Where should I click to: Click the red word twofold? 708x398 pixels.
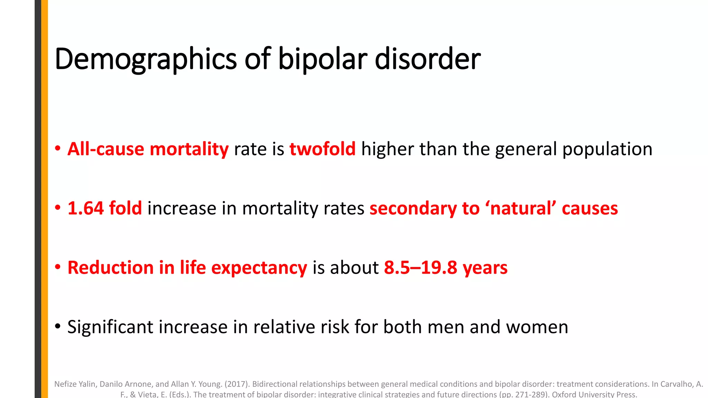pos(323,149)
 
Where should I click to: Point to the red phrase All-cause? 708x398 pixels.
pos(105,149)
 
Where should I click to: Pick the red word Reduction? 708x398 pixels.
pos(111,268)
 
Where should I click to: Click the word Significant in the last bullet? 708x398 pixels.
pos(110,327)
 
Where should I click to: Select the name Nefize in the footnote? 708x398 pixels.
pos(64,384)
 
